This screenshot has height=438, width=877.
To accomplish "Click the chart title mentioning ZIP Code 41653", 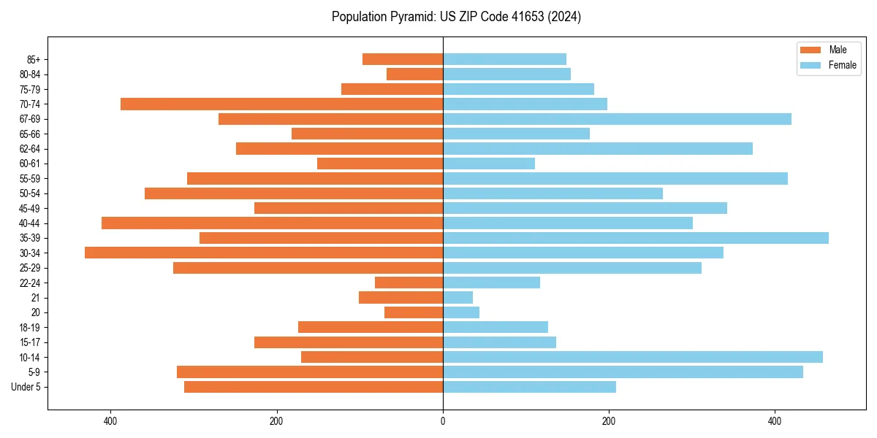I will (x=456, y=17).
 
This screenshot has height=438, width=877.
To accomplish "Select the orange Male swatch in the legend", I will (x=810, y=50).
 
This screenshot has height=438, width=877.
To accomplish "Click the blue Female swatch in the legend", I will (x=810, y=65).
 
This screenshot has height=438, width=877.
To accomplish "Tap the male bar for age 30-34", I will (x=264, y=253).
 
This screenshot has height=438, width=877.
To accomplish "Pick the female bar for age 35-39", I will (x=635, y=238).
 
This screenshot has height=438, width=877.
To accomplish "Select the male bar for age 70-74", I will (x=281, y=104).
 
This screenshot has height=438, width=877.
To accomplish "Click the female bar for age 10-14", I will (x=632, y=357).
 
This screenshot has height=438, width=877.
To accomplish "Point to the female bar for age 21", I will (x=458, y=298).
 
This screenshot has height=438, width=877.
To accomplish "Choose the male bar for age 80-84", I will (x=414, y=74).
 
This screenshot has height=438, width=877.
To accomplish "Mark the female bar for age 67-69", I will (x=617, y=119).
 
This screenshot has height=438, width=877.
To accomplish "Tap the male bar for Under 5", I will (x=314, y=387).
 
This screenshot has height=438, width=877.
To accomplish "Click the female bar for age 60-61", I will (x=488, y=164).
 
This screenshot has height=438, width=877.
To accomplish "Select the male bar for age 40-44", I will (x=272, y=223).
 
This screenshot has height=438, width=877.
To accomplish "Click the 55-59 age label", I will (x=30, y=179).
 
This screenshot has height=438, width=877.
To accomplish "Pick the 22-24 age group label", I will (x=30, y=283).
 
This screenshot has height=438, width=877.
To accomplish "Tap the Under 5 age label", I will (x=26, y=387).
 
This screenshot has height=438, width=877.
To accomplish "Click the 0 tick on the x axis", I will (x=443, y=421).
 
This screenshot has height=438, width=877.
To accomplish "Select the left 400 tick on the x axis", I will (x=110, y=421).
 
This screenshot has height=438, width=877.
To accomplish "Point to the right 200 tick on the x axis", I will (x=609, y=421).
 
